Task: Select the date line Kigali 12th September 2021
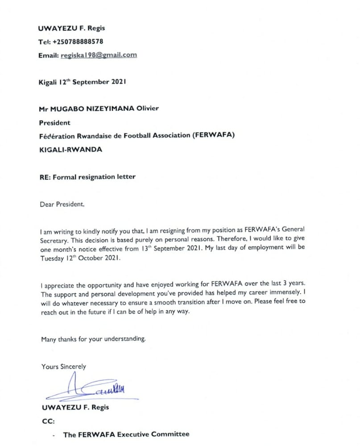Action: [x=83, y=82]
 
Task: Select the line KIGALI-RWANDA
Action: [x=70, y=150]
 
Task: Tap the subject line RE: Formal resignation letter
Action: [x=87, y=177]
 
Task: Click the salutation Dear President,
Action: [x=62, y=204]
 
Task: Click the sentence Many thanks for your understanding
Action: [x=93, y=339]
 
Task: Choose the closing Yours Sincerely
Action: [x=64, y=367]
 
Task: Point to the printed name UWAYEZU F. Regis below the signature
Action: [x=75, y=407]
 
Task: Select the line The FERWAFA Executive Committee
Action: [x=126, y=434]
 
